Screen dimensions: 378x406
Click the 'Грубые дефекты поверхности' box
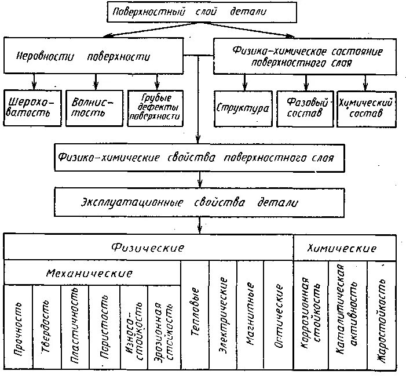[x=154, y=108]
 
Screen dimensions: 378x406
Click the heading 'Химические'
[x=345, y=248]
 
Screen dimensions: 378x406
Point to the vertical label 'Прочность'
[x=18, y=328]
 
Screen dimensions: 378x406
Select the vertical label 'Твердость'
[x=46, y=328]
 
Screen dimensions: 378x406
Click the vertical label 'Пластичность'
[x=75, y=328]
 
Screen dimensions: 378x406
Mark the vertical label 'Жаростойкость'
[x=382, y=316]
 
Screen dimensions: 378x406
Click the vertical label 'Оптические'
[x=279, y=316]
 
